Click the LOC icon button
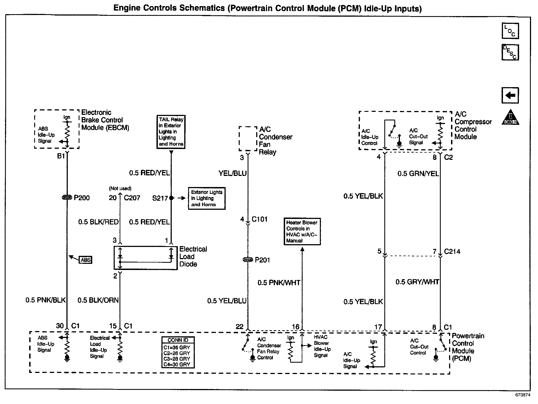[x=510, y=31]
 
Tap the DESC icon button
[x=510, y=52]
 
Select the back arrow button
[x=510, y=95]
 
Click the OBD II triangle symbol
[x=510, y=118]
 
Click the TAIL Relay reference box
[x=171, y=132]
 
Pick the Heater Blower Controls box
[x=302, y=231]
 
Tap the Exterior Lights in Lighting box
[x=206, y=198]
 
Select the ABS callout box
[x=86, y=260]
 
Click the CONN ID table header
[x=178, y=340]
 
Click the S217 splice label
[x=160, y=198]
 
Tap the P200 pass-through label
[x=82, y=198]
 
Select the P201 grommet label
[x=262, y=260]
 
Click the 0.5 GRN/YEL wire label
[x=418, y=174]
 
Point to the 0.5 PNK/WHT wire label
[x=279, y=283]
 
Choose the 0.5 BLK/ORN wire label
[x=98, y=300]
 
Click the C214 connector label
[x=452, y=252]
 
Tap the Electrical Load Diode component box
[x=146, y=258]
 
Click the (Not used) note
[x=120, y=188]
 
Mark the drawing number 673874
[x=523, y=395]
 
